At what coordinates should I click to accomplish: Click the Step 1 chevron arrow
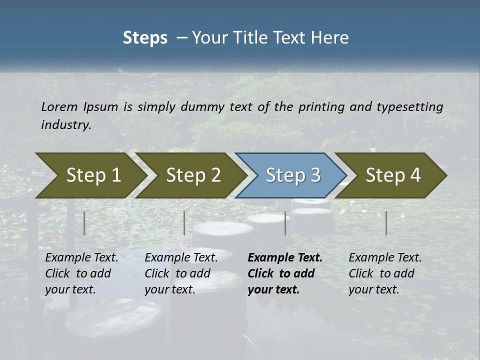(x=93, y=175)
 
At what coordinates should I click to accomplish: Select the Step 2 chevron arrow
(x=193, y=175)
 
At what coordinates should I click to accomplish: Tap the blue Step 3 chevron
(x=292, y=175)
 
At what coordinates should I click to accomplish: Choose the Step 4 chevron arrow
(x=393, y=175)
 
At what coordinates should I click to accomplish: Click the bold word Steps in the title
(x=145, y=38)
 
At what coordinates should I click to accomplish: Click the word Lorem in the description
(x=59, y=107)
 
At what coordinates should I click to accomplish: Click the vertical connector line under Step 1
(x=84, y=223)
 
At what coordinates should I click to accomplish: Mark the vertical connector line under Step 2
(x=184, y=223)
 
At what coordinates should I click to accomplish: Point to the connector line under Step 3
(x=285, y=223)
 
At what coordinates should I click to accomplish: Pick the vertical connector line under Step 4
(x=386, y=223)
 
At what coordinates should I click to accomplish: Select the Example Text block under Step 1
(x=81, y=273)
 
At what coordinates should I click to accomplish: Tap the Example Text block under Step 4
(x=384, y=273)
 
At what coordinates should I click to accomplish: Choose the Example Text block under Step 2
(x=180, y=273)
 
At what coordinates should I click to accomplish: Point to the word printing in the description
(x=320, y=107)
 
